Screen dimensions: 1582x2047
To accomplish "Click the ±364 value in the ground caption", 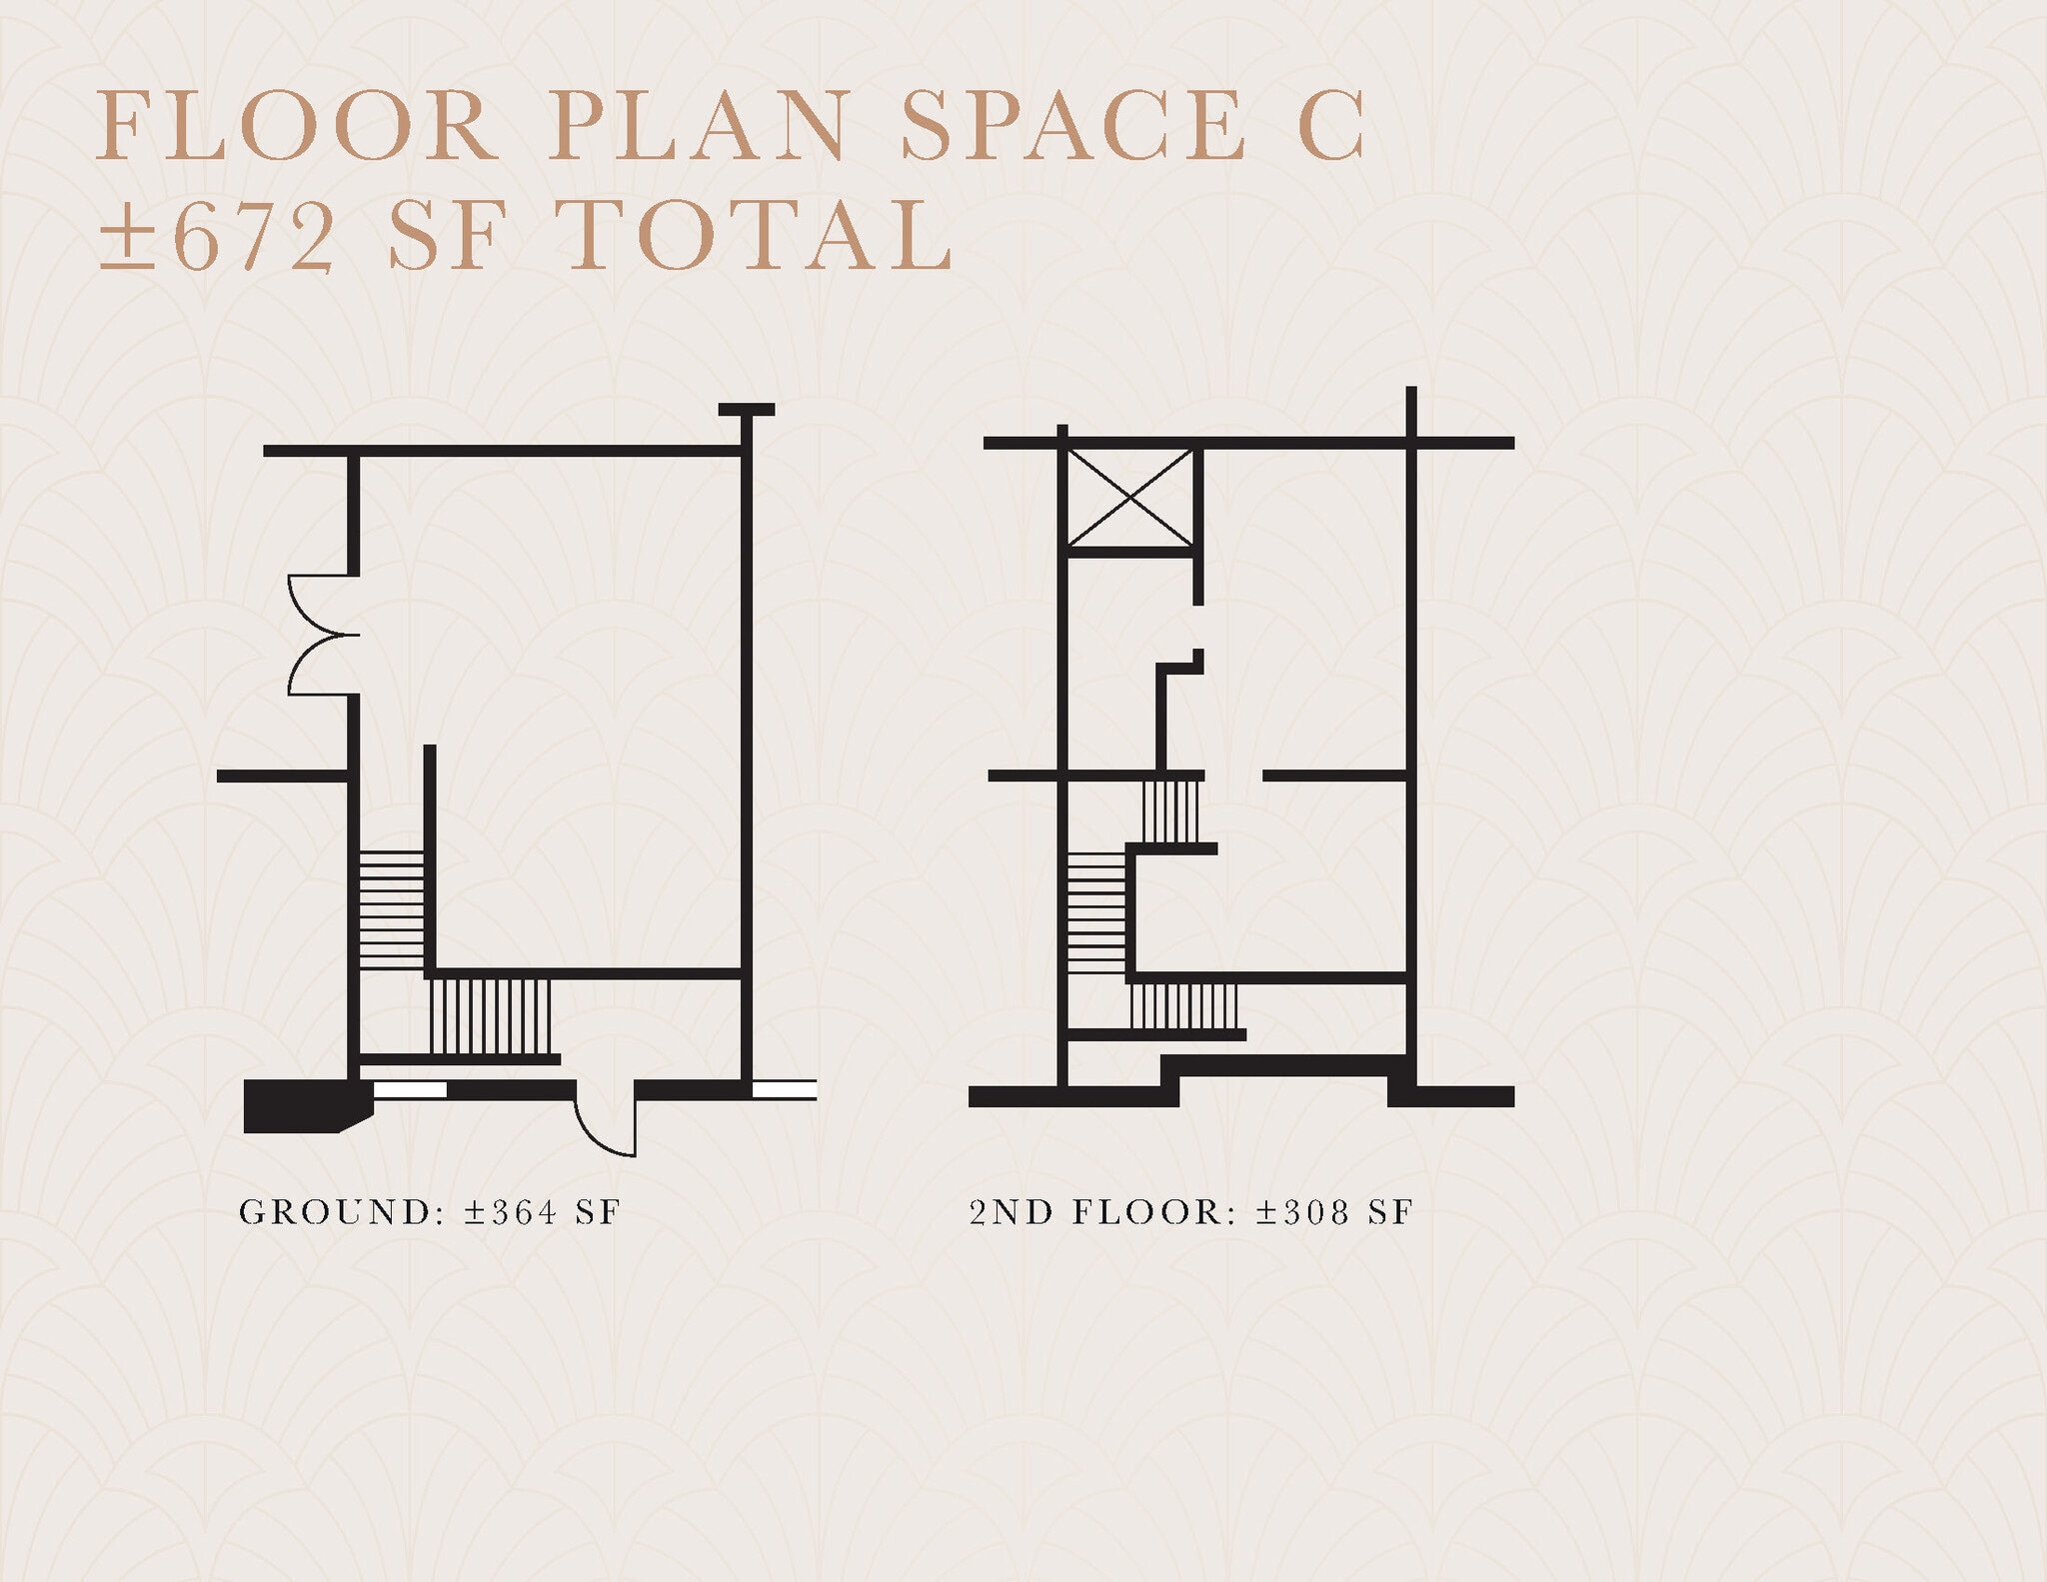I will click(511, 1212).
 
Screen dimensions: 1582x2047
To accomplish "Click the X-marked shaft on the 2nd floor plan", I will click(1130, 498).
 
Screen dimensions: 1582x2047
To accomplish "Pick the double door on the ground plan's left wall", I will click(322, 635).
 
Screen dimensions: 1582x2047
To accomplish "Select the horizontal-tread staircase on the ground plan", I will click(391, 908).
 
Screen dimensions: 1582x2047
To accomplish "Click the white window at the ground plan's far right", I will click(785, 1089).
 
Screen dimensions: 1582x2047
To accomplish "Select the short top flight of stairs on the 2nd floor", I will click(1170, 811).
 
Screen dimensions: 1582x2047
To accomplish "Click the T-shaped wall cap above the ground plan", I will click(746, 410).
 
